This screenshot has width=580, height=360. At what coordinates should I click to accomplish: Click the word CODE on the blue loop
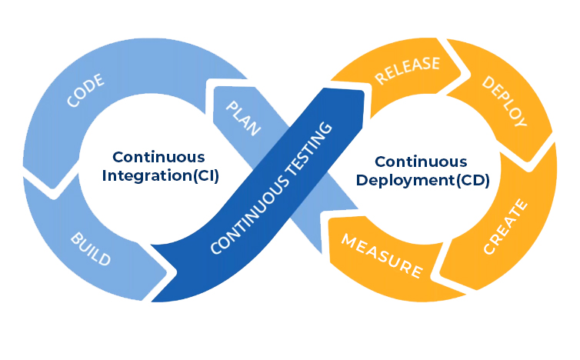tap(85, 91)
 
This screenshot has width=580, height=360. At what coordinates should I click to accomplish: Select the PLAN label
tap(243, 118)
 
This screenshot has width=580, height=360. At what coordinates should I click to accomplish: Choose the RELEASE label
tap(408, 68)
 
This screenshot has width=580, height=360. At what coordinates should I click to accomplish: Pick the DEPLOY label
tap(504, 101)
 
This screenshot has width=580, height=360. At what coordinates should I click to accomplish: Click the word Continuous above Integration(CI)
tap(157, 156)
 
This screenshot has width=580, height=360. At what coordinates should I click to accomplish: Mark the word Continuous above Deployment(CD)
tap(420, 162)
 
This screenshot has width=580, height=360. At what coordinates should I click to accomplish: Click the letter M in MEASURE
tap(347, 242)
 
